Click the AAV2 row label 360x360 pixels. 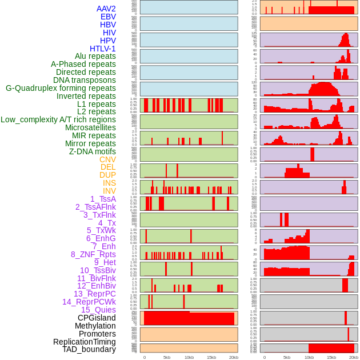[106, 9]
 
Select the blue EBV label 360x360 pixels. [108, 17]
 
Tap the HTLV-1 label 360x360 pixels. [103, 49]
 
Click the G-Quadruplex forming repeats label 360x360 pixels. [61, 88]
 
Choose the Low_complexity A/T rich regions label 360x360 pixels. [58, 119]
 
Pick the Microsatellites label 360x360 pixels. [90, 127]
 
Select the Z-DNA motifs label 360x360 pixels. [93, 151]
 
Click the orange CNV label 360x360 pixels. [107, 159]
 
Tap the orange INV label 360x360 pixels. [109, 191]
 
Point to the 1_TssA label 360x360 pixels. [103, 199]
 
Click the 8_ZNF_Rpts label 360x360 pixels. [93, 254]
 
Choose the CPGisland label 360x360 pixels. [97, 318]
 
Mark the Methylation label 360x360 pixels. [95, 326]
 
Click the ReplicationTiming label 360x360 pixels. [84, 342]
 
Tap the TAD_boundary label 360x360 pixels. [89, 349]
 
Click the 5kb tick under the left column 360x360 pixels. [167, 357]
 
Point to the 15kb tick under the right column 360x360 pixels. [331, 357]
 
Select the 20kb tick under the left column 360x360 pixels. [234, 357]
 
